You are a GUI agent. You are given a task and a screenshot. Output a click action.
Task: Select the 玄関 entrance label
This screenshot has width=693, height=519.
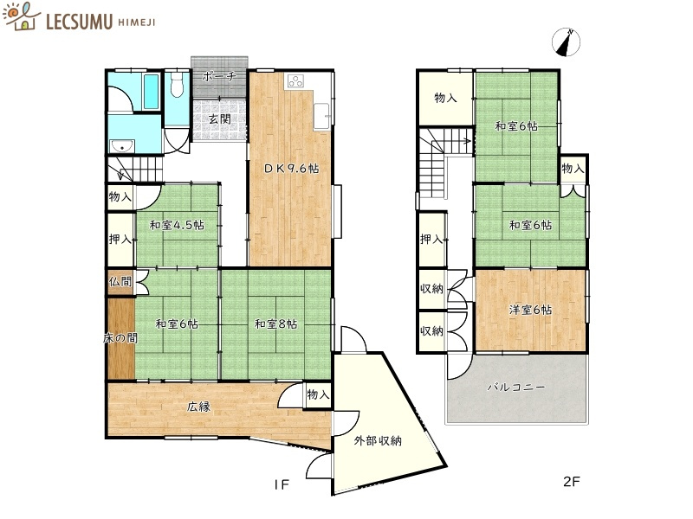[x=219, y=119]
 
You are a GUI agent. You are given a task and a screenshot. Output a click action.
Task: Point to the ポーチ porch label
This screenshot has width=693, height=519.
[x=219, y=76]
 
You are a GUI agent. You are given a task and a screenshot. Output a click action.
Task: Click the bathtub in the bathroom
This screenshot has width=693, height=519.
[x=148, y=92]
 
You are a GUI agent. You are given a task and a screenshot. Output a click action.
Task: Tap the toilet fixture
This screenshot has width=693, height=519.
[x=178, y=86]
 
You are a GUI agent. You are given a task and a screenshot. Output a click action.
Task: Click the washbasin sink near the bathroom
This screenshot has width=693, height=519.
[x=121, y=144]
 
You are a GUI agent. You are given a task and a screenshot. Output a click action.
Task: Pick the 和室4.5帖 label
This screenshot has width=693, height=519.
[x=176, y=226]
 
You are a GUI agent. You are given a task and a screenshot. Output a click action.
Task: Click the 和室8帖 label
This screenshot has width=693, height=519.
[x=276, y=324]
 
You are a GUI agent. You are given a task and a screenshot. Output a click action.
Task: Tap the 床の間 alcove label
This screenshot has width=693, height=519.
[x=120, y=337]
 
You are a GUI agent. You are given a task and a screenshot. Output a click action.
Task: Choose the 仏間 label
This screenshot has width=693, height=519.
[x=120, y=282]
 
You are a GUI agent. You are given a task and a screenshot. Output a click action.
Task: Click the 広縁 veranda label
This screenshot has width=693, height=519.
[x=200, y=406]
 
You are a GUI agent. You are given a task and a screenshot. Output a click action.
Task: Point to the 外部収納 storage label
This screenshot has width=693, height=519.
[x=378, y=441]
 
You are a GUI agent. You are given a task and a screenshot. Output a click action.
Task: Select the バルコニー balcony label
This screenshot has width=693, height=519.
[x=516, y=388]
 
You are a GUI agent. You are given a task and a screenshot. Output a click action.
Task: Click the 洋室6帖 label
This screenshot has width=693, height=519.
[x=530, y=310]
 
